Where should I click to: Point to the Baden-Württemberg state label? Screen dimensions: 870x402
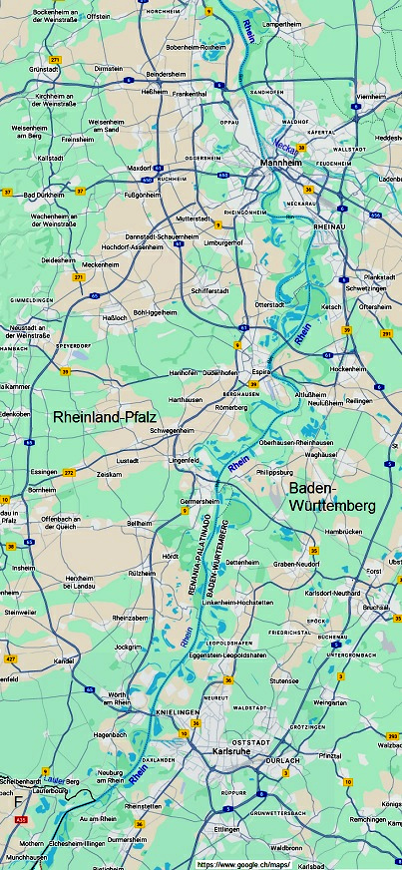pyautogui.click(x=332, y=497)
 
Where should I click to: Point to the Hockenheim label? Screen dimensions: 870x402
pyautogui.click(x=349, y=368)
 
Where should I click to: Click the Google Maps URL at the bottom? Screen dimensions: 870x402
pyautogui.click(x=243, y=863)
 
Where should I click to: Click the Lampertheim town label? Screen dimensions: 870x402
pyautogui.click(x=278, y=24)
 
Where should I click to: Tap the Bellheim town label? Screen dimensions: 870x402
pyautogui.click(x=139, y=523)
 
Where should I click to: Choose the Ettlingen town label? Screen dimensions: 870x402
pyautogui.click(x=227, y=828)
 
